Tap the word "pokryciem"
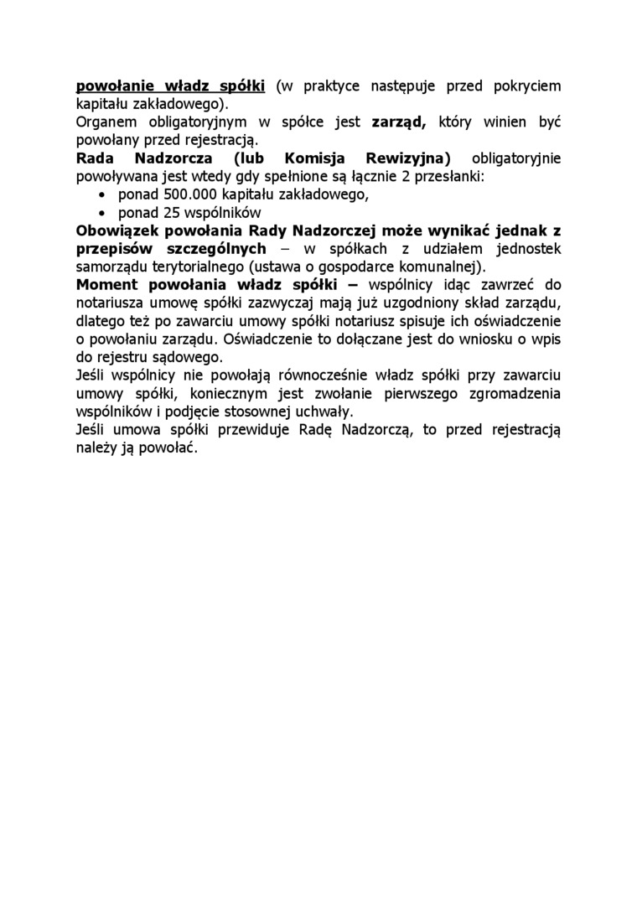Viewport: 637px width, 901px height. [524, 85]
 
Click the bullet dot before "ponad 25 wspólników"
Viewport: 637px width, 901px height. [103, 213]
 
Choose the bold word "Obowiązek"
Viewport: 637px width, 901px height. [120, 230]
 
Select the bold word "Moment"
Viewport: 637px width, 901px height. [107, 285]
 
